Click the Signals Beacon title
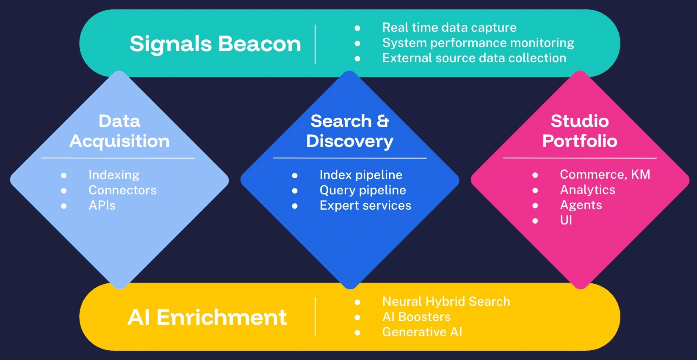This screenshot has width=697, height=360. point(215,44)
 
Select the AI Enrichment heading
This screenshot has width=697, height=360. point(207,317)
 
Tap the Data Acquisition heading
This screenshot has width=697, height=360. point(119,131)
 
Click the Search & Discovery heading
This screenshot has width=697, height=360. point(350,131)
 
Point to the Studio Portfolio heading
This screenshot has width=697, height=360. point(580,131)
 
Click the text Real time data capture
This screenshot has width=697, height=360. point(449,28)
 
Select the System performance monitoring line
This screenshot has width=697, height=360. point(478,43)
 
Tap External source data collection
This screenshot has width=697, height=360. point(474,58)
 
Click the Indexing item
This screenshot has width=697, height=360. point(114,175)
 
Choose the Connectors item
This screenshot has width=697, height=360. point(122,190)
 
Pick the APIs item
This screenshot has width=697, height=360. point(102,205)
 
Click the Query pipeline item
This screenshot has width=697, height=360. point(362,190)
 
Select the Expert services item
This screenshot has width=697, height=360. point(365,205)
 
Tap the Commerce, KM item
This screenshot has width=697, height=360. point(605,174)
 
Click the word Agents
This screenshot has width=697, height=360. point(581,205)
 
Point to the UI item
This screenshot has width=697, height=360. point(566,220)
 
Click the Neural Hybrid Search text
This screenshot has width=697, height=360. point(446,302)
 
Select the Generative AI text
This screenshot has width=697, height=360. point(422,332)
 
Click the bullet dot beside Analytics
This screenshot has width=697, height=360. point(535,190)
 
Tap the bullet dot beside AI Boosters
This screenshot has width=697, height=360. point(357,317)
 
